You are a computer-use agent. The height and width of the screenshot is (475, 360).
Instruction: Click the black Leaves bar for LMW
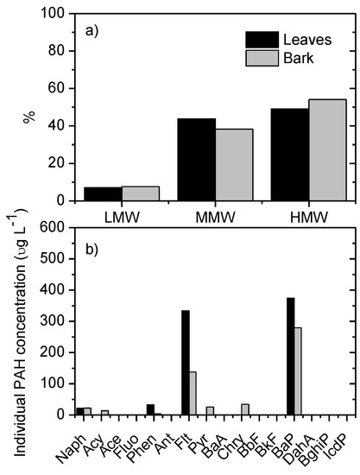click(103, 193)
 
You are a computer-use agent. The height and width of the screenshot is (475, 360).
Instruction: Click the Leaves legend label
click(308, 38)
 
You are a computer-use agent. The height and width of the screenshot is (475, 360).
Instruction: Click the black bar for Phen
click(150, 409)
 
